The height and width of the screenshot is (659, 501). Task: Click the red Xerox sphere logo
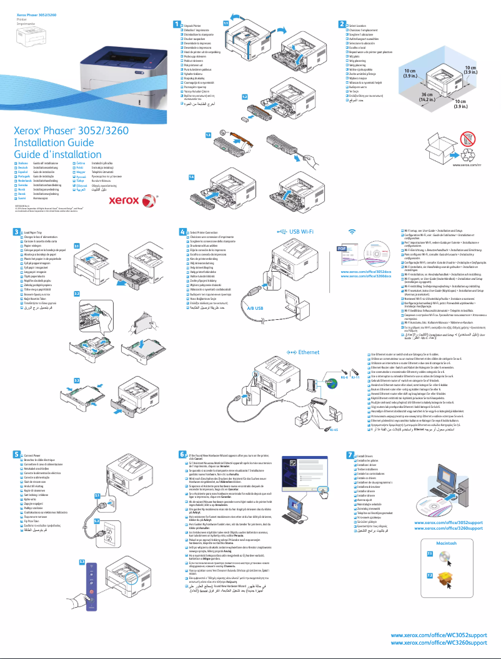(x=147, y=201)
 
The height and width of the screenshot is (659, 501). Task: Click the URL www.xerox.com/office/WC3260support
(x=439, y=642)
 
